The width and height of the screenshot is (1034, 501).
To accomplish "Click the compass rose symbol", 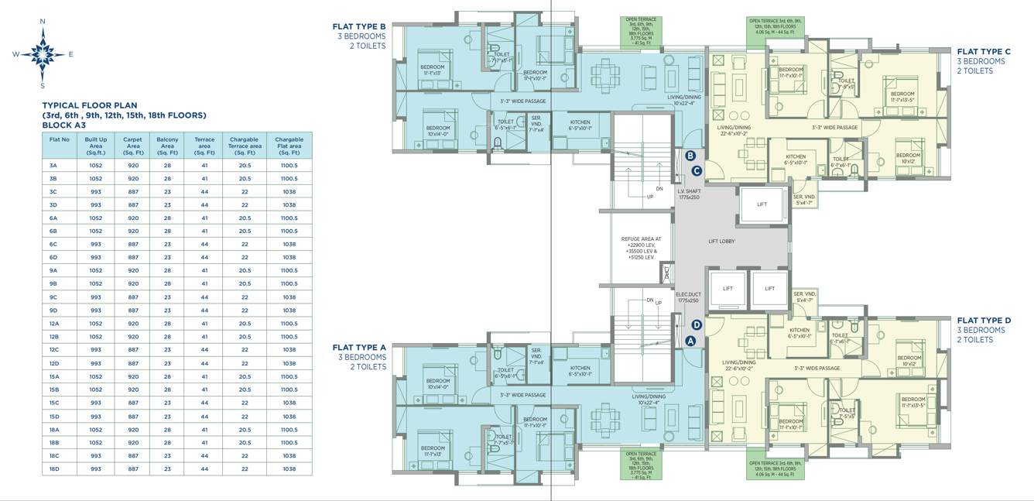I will coord(43,53).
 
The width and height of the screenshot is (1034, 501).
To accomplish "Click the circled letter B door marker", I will coord(690,156).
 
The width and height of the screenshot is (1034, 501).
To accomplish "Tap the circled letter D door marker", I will coord(697,325).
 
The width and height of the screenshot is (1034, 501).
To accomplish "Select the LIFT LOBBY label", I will coord(721,242).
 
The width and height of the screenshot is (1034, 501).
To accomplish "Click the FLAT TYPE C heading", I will coord(984,52).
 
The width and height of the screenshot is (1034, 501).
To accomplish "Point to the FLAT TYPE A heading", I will coord(359,348).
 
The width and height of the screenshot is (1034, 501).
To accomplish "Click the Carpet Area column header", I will coord(132,146).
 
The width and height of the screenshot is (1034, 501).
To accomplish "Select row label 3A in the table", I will coord(53,165).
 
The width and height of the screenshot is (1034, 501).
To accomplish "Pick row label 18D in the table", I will coord(53,469).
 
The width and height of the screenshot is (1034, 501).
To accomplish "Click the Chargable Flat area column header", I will coord(289,146).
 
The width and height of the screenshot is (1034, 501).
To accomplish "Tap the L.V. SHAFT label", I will coord(688,194).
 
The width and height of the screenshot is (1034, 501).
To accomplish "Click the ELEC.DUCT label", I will coord(688,297).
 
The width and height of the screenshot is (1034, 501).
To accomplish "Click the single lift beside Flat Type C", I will coord(762,205).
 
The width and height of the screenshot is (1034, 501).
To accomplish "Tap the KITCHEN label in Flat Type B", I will coord(580,123).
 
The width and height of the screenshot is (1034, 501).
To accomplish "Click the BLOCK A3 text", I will coord(63,125).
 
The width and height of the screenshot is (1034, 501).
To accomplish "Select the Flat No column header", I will coord(60,139).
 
